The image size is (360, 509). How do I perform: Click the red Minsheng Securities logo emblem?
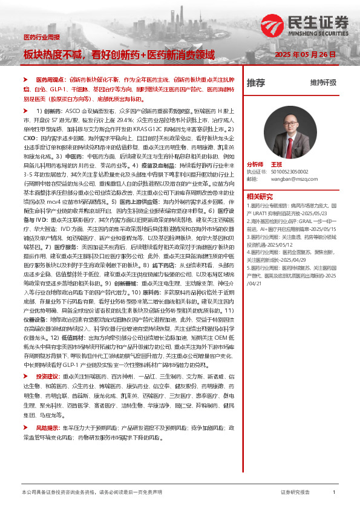point(292,22)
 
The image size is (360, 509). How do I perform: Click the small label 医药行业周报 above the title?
point(41,37)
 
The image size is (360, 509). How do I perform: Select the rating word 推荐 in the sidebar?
point(256,83)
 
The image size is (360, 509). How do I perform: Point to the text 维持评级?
point(322,83)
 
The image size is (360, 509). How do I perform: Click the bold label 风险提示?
point(47,427)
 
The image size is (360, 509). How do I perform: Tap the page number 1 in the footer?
point(334,493)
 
